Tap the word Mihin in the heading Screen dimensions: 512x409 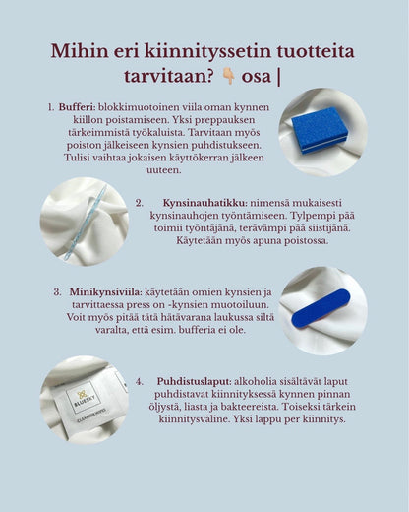point(83,51)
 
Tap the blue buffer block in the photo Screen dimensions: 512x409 point(321,129)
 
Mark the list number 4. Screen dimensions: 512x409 point(140,380)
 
